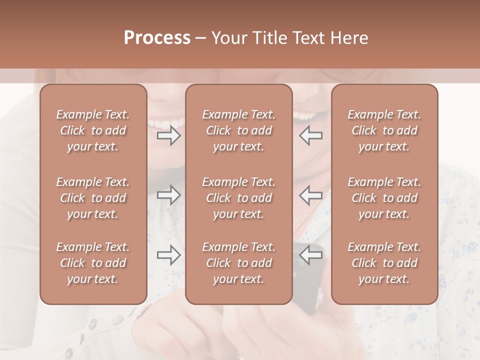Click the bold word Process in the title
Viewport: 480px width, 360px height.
pyautogui.click(x=157, y=37)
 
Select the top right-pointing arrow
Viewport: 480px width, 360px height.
pyautogui.click(x=168, y=135)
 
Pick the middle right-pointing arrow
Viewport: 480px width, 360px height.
pyautogui.click(x=168, y=195)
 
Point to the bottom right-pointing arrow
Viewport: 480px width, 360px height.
pyautogui.click(x=168, y=254)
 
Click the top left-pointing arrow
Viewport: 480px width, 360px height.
pyautogui.click(x=311, y=135)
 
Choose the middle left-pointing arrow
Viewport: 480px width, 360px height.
pyautogui.click(x=311, y=195)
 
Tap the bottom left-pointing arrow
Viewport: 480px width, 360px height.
pyautogui.click(x=311, y=255)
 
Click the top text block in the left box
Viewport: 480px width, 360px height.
pyautogui.click(x=93, y=130)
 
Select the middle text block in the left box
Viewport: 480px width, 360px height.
pyautogui.click(x=93, y=198)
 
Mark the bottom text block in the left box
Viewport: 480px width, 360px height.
pyautogui.click(x=93, y=263)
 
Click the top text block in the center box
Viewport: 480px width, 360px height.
pyautogui.click(x=238, y=130)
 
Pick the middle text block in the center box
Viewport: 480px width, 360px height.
pyautogui.click(x=238, y=198)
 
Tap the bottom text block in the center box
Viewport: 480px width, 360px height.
pyautogui.click(x=238, y=263)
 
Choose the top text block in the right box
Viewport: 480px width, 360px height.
pyautogui.click(x=384, y=130)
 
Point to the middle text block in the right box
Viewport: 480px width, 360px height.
pyautogui.click(x=384, y=198)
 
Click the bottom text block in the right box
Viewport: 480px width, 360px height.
pyautogui.click(x=384, y=263)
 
